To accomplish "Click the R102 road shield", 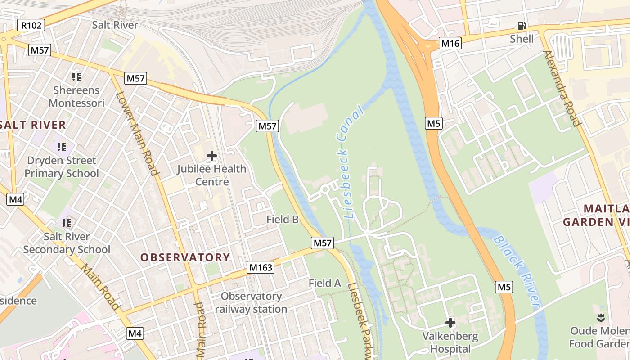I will pyautogui.click(x=31, y=25).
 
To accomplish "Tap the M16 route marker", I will pyautogui.click(x=450, y=44).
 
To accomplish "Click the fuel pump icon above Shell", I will pyautogui.click(x=522, y=26).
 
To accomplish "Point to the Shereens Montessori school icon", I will pyautogui.click(x=76, y=77).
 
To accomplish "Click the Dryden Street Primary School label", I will pyautogui.click(x=62, y=167).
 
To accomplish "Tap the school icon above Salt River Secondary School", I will pyautogui.click(x=67, y=223).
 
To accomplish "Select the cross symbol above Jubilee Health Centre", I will pyautogui.click(x=211, y=156).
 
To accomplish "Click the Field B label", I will pyautogui.click(x=283, y=220).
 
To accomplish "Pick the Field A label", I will pyautogui.click(x=325, y=283).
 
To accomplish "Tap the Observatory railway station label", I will pyautogui.click(x=251, y=303).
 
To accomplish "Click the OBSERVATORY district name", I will pyautogui.click(x=185, y=257).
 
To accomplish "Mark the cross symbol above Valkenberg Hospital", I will pyautogui.click(x=450, y=323).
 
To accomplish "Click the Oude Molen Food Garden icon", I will pyautogui.click(x=600, y=318).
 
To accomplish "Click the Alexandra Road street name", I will pyautogui.click(x=563, y=88).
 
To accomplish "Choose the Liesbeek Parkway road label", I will pyautogui.click(x=360, y=322).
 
